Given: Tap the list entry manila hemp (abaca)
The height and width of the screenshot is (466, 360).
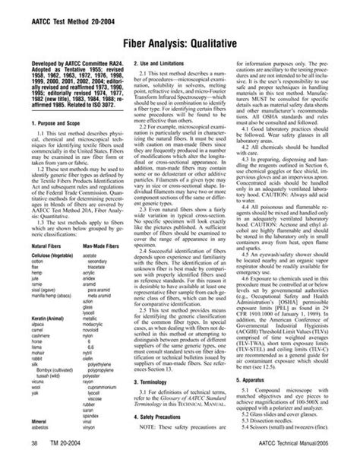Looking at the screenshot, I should [52, 296].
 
